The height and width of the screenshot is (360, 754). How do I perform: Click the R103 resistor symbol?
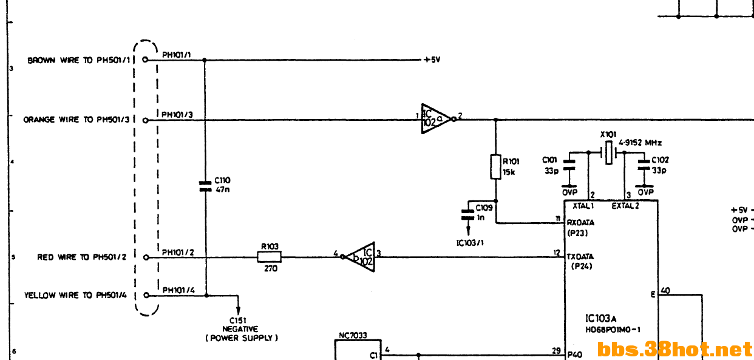[x=270, y=257]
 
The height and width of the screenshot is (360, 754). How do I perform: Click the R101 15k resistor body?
[x=495, y=167]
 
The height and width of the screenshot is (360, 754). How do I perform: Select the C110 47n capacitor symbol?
[x=205, y=186]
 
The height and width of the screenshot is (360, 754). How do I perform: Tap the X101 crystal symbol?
[x=609, y=153]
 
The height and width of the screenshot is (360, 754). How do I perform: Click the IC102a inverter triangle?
[x=436, y=119]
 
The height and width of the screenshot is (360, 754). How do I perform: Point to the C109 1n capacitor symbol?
[x=468, y=215]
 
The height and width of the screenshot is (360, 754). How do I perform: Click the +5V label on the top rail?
[x=432, y=60]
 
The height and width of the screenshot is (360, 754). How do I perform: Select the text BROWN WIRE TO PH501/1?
[x=79, y=60]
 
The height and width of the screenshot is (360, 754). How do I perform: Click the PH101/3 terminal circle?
[x=146, y=120]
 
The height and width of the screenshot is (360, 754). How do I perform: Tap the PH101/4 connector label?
[x=178, y=290]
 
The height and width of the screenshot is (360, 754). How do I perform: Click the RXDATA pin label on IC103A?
[x=580, y=223]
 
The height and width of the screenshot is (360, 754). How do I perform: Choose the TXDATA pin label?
[x=580, y=257]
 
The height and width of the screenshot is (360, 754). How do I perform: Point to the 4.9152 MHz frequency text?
[x=640, y=143]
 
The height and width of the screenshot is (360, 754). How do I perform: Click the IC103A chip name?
[x=601, y=318]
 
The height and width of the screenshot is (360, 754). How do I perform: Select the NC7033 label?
[x=353, y=336]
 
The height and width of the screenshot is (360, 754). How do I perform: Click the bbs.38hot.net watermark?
[x=674, y=349]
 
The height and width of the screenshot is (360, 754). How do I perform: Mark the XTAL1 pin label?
[x=583, y=206]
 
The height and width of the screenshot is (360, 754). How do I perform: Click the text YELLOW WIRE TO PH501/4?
[x=75, y=296]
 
